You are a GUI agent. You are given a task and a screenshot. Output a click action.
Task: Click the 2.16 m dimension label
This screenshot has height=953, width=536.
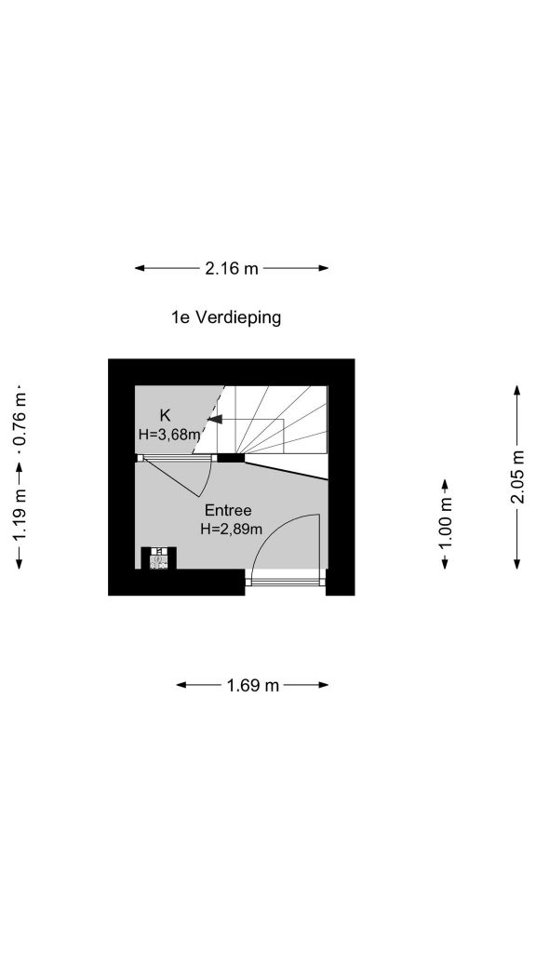tap(232, 268)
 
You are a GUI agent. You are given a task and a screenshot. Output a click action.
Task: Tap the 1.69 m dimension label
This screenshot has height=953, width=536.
tap(253, 686)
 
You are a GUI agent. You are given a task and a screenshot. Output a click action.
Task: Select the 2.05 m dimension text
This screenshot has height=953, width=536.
tap(517, 477)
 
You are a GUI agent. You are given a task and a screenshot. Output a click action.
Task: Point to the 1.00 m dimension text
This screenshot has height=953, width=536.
tap(446, 523)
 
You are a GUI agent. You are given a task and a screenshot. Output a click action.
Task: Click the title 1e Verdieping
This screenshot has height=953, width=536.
tap(226, 317)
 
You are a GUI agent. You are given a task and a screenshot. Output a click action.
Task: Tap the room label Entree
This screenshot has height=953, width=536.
tap(228, 510)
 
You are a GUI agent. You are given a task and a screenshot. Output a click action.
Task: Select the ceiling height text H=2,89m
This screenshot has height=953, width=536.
tap(232, 530)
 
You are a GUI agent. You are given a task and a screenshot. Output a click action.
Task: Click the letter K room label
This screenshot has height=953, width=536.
tap(165, 416)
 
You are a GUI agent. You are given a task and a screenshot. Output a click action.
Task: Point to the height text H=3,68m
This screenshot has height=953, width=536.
tap(169, 435)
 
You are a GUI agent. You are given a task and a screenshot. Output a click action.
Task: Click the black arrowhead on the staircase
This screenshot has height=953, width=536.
tap(215, 419)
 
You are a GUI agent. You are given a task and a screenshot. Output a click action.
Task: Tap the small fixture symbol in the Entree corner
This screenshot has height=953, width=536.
tap(158, 558)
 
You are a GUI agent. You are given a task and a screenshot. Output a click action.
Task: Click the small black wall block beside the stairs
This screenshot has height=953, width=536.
tap(231, 458)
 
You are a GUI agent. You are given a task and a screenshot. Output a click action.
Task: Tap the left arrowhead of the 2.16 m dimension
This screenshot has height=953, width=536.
tap(141, 268)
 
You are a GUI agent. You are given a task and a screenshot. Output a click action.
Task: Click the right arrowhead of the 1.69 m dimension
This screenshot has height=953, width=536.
tap(323, 686)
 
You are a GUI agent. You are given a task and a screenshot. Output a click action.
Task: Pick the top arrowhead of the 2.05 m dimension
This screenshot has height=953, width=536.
tap(517, 390)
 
